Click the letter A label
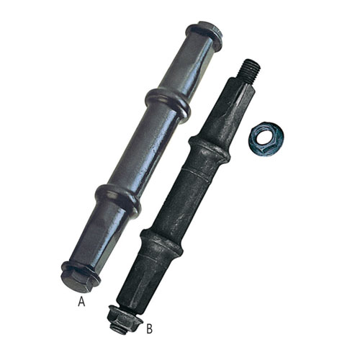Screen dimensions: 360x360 (81, 302)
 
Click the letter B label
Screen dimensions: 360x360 (149, 328)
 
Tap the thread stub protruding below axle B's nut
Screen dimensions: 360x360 (118, 330)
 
